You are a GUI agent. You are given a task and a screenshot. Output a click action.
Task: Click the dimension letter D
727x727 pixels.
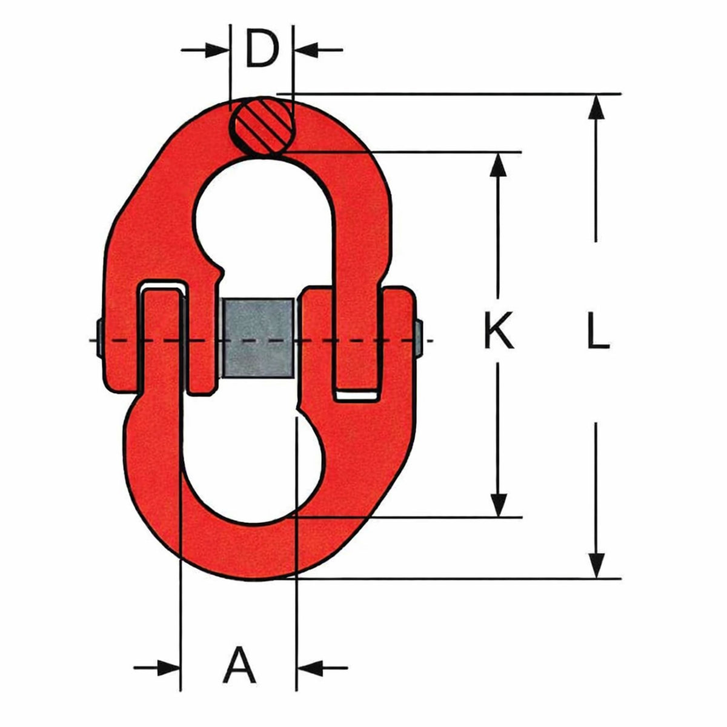262,50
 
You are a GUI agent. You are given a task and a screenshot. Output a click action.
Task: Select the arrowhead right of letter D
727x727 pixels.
306,50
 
